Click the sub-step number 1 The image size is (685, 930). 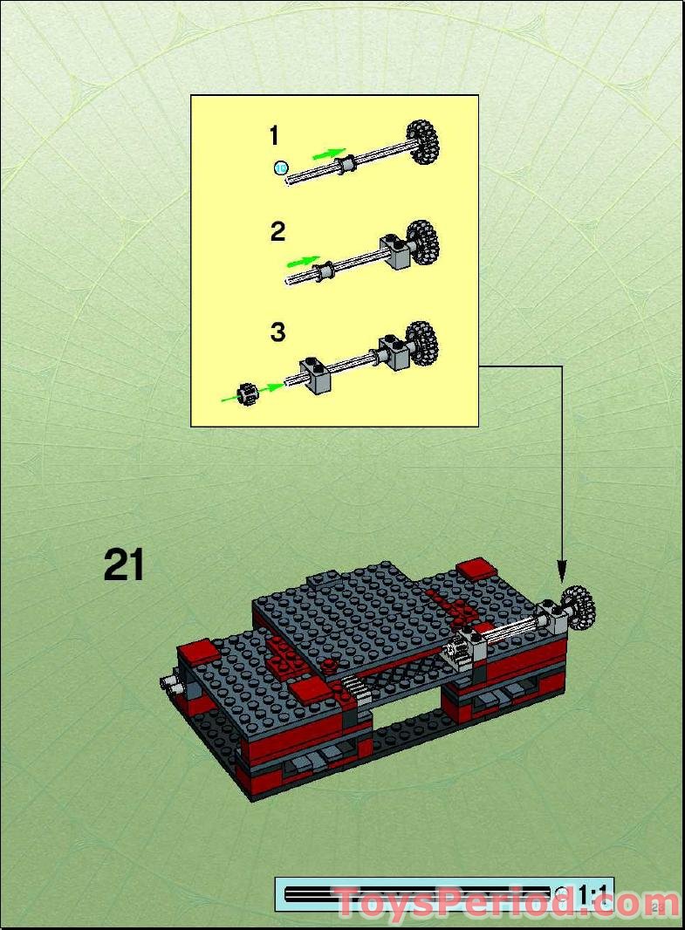[x=274, y=136]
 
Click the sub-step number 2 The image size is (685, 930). [x=277, y=232]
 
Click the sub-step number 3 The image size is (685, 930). [x=277, y=332]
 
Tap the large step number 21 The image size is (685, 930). [x=124, y=565]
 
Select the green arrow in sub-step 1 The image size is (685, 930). [x=328, y=153]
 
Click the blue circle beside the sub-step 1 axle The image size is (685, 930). [x=279, y=167]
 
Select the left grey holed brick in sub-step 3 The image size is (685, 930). [x=314, y=375]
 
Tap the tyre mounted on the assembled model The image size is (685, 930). [x=578, y=605]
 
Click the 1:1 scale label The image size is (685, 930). [x=593, y=894]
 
